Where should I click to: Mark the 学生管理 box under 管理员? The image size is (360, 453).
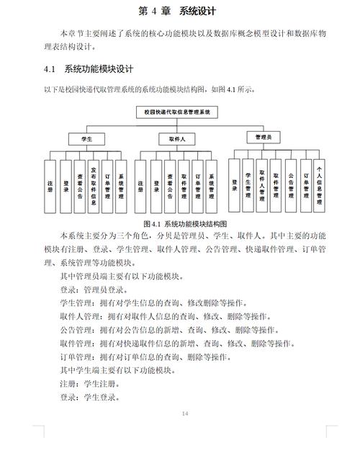(x=248, y=183)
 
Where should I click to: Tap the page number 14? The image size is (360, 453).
(x=185, y=413)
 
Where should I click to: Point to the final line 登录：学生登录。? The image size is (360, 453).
(x=89, y=397)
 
